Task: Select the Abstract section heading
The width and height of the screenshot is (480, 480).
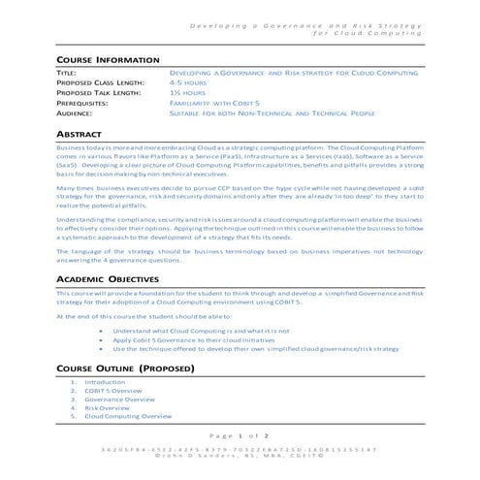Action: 79,132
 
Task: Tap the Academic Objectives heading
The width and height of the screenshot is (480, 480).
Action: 113,278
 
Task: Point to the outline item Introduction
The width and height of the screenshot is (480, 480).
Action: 105,382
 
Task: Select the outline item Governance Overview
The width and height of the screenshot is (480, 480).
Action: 119,400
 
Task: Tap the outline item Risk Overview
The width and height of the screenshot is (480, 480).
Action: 107,408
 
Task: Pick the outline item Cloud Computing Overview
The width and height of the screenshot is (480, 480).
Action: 128,417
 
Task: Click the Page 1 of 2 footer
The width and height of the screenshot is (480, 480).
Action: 240,435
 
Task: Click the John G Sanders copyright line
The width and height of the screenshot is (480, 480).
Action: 240,457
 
